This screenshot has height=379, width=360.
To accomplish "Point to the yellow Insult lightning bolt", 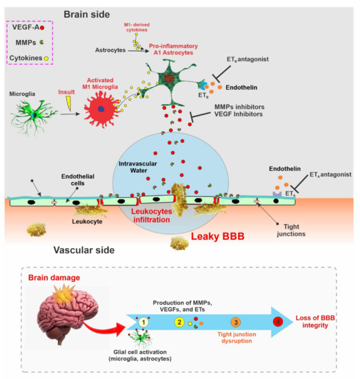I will click(67, 103).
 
